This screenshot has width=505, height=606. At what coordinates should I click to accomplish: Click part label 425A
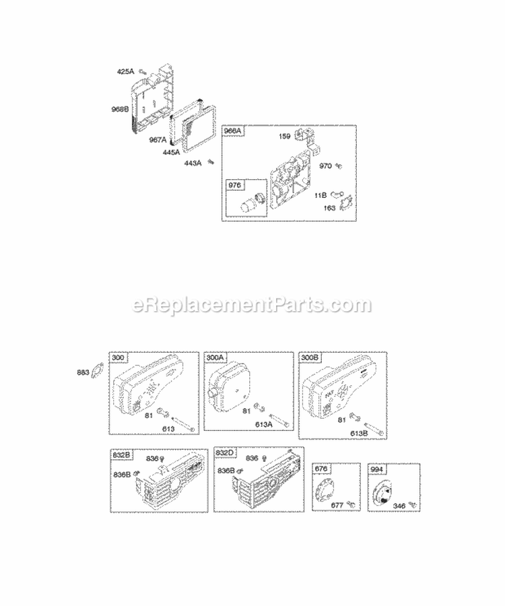126,71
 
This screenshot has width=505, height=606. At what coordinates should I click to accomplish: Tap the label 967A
158,139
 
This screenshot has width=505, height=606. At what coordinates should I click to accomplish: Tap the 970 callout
326,166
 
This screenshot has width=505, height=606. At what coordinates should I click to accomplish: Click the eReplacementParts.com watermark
252,305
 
